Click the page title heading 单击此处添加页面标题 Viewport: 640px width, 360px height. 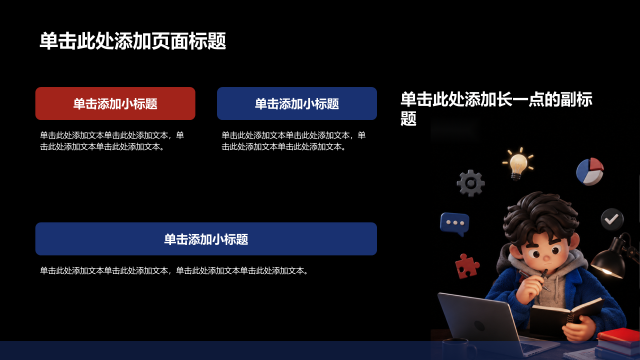[x=132, y=41]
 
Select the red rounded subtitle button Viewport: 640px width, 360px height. [x=115, y=103]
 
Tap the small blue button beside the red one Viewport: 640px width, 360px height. [x=297, y=103]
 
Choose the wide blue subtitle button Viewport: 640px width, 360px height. [x=206, y=239]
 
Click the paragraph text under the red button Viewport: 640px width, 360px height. [x=112, y=141]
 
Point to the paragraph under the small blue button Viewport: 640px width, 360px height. [x=293, y=141]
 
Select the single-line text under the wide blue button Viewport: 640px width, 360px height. [x=174, y=270]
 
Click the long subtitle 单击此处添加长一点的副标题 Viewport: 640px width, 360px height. [x=496, y=108]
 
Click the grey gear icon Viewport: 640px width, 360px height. [x=470, y=183]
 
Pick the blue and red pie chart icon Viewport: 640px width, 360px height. [x=590, y=171]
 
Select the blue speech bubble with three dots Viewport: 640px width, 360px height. [x=454, y=224]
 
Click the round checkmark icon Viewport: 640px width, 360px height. [x=612, y=219]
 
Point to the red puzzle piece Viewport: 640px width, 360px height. [x=466, y=266]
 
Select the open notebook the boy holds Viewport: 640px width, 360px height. [x=564, y=315]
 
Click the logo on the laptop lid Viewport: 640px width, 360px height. [x=479, y=325]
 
